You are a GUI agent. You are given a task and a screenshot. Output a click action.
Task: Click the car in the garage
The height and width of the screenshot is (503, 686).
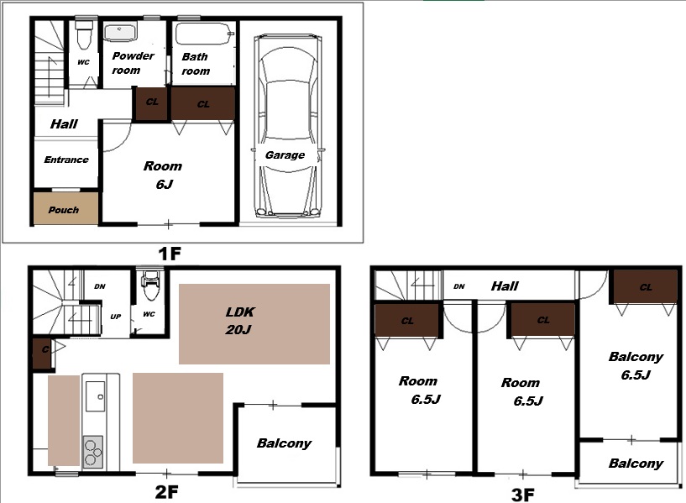pos(287,127)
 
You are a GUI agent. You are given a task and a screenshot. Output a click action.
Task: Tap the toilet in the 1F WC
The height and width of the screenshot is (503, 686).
pos(84,34)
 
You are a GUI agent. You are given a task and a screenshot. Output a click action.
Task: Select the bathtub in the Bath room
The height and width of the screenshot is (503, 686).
pos(204,34)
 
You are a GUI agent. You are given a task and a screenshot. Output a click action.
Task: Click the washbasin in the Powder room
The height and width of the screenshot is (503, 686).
pos(120,33)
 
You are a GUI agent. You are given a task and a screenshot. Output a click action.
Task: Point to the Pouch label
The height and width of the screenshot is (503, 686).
pos(64,210)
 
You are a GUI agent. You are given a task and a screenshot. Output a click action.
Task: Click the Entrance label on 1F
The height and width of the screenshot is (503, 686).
pos(66,160)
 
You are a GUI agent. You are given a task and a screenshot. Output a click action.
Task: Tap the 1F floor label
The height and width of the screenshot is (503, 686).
pos(170,254)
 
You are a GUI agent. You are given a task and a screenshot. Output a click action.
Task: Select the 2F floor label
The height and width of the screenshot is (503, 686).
pos(167,492)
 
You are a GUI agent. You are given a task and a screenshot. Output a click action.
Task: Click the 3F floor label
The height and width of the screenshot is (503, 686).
pos(523,495)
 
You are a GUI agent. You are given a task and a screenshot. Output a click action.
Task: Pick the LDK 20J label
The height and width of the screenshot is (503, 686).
pos(240,321)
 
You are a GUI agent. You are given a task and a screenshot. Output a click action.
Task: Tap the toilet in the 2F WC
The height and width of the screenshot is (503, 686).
pos(151,286)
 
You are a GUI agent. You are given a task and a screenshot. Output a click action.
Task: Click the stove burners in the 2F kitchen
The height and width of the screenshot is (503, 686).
pos(92,453)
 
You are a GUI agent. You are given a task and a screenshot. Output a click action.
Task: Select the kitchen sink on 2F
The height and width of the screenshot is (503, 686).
pos(95,396)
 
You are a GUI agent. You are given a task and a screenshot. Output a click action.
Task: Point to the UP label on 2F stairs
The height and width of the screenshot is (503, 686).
pos(116,317)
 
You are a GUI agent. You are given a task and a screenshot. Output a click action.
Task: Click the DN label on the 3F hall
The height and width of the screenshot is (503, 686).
pos(459,286)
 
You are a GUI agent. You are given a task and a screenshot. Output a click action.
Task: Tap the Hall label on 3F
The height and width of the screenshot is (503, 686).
pos(505,286)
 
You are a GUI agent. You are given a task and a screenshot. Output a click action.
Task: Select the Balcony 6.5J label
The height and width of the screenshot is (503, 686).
pos(636,365)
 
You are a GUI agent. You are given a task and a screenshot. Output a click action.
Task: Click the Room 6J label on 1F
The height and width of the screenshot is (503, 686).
pos(163,175)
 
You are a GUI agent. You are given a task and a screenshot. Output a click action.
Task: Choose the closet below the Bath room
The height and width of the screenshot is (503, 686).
pos(202,103)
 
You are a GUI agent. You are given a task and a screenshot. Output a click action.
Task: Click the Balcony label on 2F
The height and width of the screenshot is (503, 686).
pos(285,443)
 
